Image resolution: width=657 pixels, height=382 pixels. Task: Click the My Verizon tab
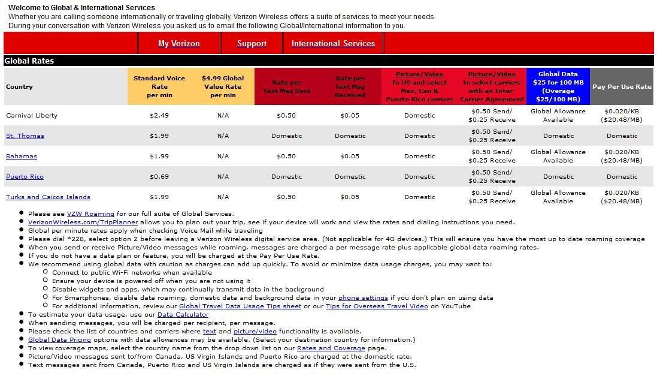coord(178,43)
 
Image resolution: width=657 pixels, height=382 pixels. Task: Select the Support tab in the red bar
coord(252,43)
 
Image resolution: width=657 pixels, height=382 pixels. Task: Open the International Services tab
coord(333,43)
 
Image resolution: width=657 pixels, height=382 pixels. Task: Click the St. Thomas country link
coord(25,136)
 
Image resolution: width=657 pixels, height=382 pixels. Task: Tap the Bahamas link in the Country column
coord(22,157)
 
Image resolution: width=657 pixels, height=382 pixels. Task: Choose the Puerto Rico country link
coord(25,177)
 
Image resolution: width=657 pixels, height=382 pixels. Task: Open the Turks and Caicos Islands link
coord(48,197)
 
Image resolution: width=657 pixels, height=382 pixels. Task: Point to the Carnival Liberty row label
coord(32,116)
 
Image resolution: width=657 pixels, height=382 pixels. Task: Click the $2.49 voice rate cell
coord(159,116)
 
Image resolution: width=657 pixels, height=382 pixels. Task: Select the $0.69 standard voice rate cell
coord(159,177)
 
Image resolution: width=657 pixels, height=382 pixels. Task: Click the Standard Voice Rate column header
coord(159,86)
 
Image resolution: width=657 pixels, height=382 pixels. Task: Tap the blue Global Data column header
coord(558,86)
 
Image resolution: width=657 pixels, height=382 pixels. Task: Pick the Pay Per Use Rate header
coord(622,86)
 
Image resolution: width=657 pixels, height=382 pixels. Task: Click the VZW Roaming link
coord(90,214)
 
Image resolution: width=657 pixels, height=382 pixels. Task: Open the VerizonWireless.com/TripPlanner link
coord(83,222)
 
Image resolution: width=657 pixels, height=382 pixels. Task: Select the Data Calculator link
coord(183,315)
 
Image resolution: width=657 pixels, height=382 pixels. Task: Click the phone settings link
coord(363,298)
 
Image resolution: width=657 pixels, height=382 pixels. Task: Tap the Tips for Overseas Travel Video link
coord(377,306)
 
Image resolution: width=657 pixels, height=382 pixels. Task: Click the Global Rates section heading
coord(29,61)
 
